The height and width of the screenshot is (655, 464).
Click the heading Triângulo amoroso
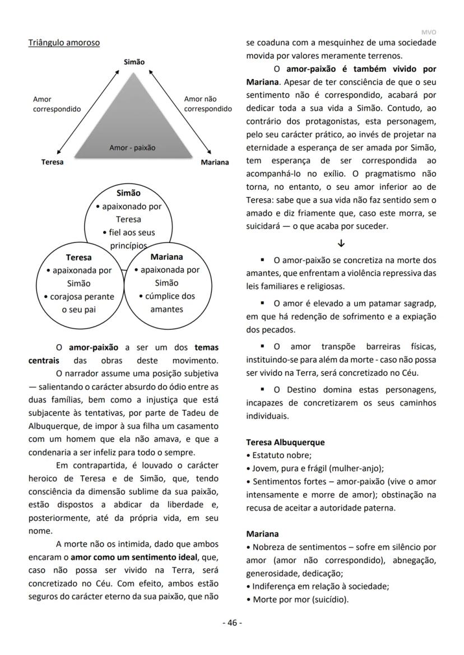click(64, 43)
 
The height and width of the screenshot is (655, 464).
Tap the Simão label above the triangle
click(134, 62)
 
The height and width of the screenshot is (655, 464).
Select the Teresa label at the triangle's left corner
click(52, 162)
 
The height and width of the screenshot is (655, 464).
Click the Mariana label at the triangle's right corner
click(215, 162)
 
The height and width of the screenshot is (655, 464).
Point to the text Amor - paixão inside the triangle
click(132, 148)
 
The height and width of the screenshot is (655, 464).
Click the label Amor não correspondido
click(207, 104)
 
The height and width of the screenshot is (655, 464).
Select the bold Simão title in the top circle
click(128, 193)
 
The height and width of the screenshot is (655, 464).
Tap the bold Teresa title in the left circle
click(78, 258)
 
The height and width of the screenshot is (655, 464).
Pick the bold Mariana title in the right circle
click(166, 257)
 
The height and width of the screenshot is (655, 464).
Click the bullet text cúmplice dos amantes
click(166, 302)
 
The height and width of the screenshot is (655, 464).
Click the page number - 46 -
click(232, 623)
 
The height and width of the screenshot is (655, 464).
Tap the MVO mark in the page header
click(429, 32)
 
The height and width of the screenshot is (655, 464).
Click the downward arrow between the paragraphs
click(341, 244)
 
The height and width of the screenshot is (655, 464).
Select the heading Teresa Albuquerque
click(285, 442)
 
